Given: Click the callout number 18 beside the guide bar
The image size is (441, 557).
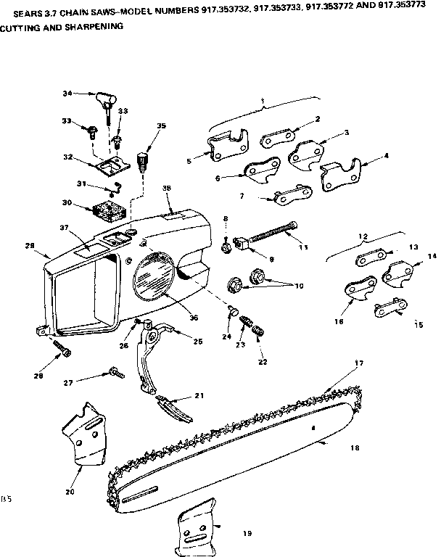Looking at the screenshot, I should [355, 448].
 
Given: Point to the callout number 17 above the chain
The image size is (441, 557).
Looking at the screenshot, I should [358, 363].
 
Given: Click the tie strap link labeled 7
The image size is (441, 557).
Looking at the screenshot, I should [289, 192].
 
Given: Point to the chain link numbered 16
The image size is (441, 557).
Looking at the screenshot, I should [354, 289].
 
